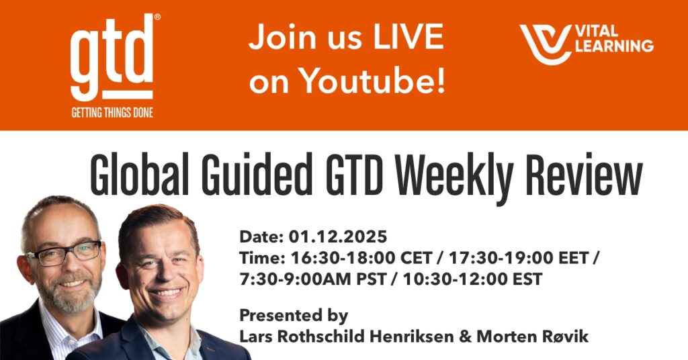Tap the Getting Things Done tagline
point(112,112)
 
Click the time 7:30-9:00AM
point(295,279)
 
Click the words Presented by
point(294,315)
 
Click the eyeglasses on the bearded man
point(64,253)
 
